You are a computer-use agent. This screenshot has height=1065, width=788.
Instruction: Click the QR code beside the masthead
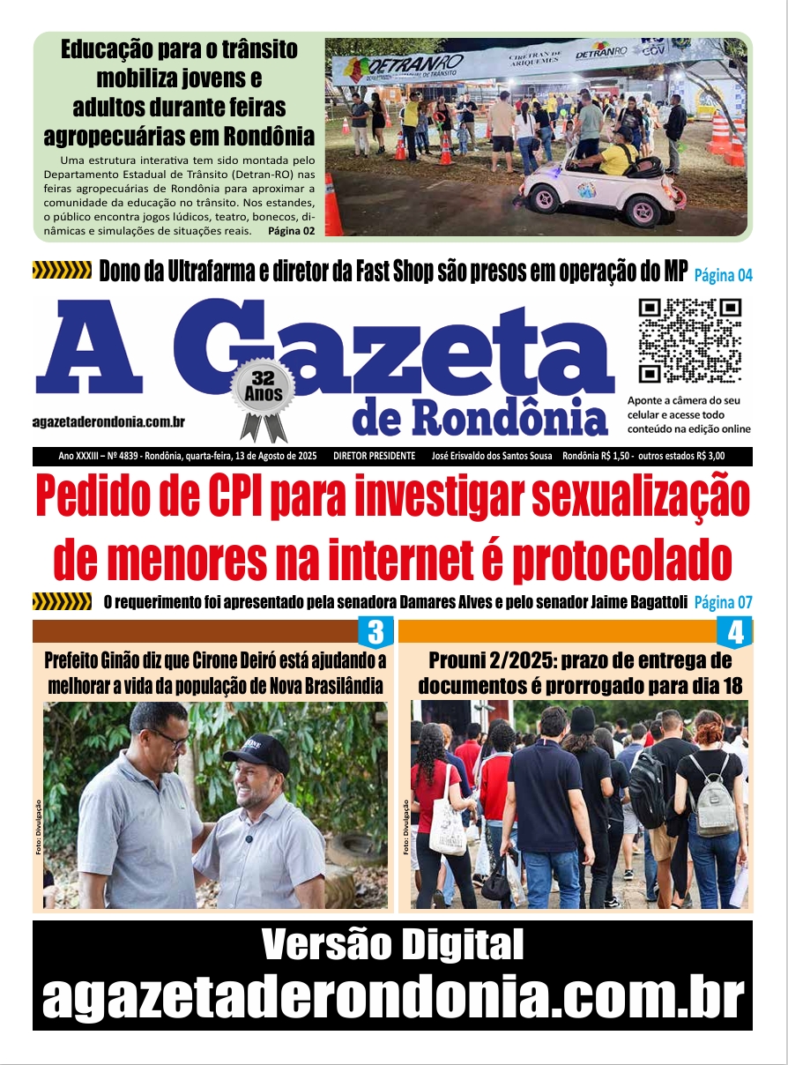click(x=690, y=340)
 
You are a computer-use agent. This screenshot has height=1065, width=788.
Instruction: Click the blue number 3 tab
click(x=375, y=632)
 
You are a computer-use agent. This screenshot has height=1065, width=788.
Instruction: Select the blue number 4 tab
click(x=735, y=633)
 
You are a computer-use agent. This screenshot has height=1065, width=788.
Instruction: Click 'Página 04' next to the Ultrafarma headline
click(x=723, y=275)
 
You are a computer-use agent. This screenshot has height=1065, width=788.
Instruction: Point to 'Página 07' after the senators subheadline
click(x=723, y=603)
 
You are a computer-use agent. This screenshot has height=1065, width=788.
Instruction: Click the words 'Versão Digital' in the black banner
click(x=392, y=946)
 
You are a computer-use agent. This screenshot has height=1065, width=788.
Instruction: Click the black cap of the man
click(x=256, y=751)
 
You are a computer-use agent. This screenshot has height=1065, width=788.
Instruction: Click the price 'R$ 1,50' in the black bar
click(x=611, y=456)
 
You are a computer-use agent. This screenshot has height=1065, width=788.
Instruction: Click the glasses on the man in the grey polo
click(x=167, y=738)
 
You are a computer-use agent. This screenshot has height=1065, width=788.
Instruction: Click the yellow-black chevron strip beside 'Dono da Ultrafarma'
click(x=62, y=271)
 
